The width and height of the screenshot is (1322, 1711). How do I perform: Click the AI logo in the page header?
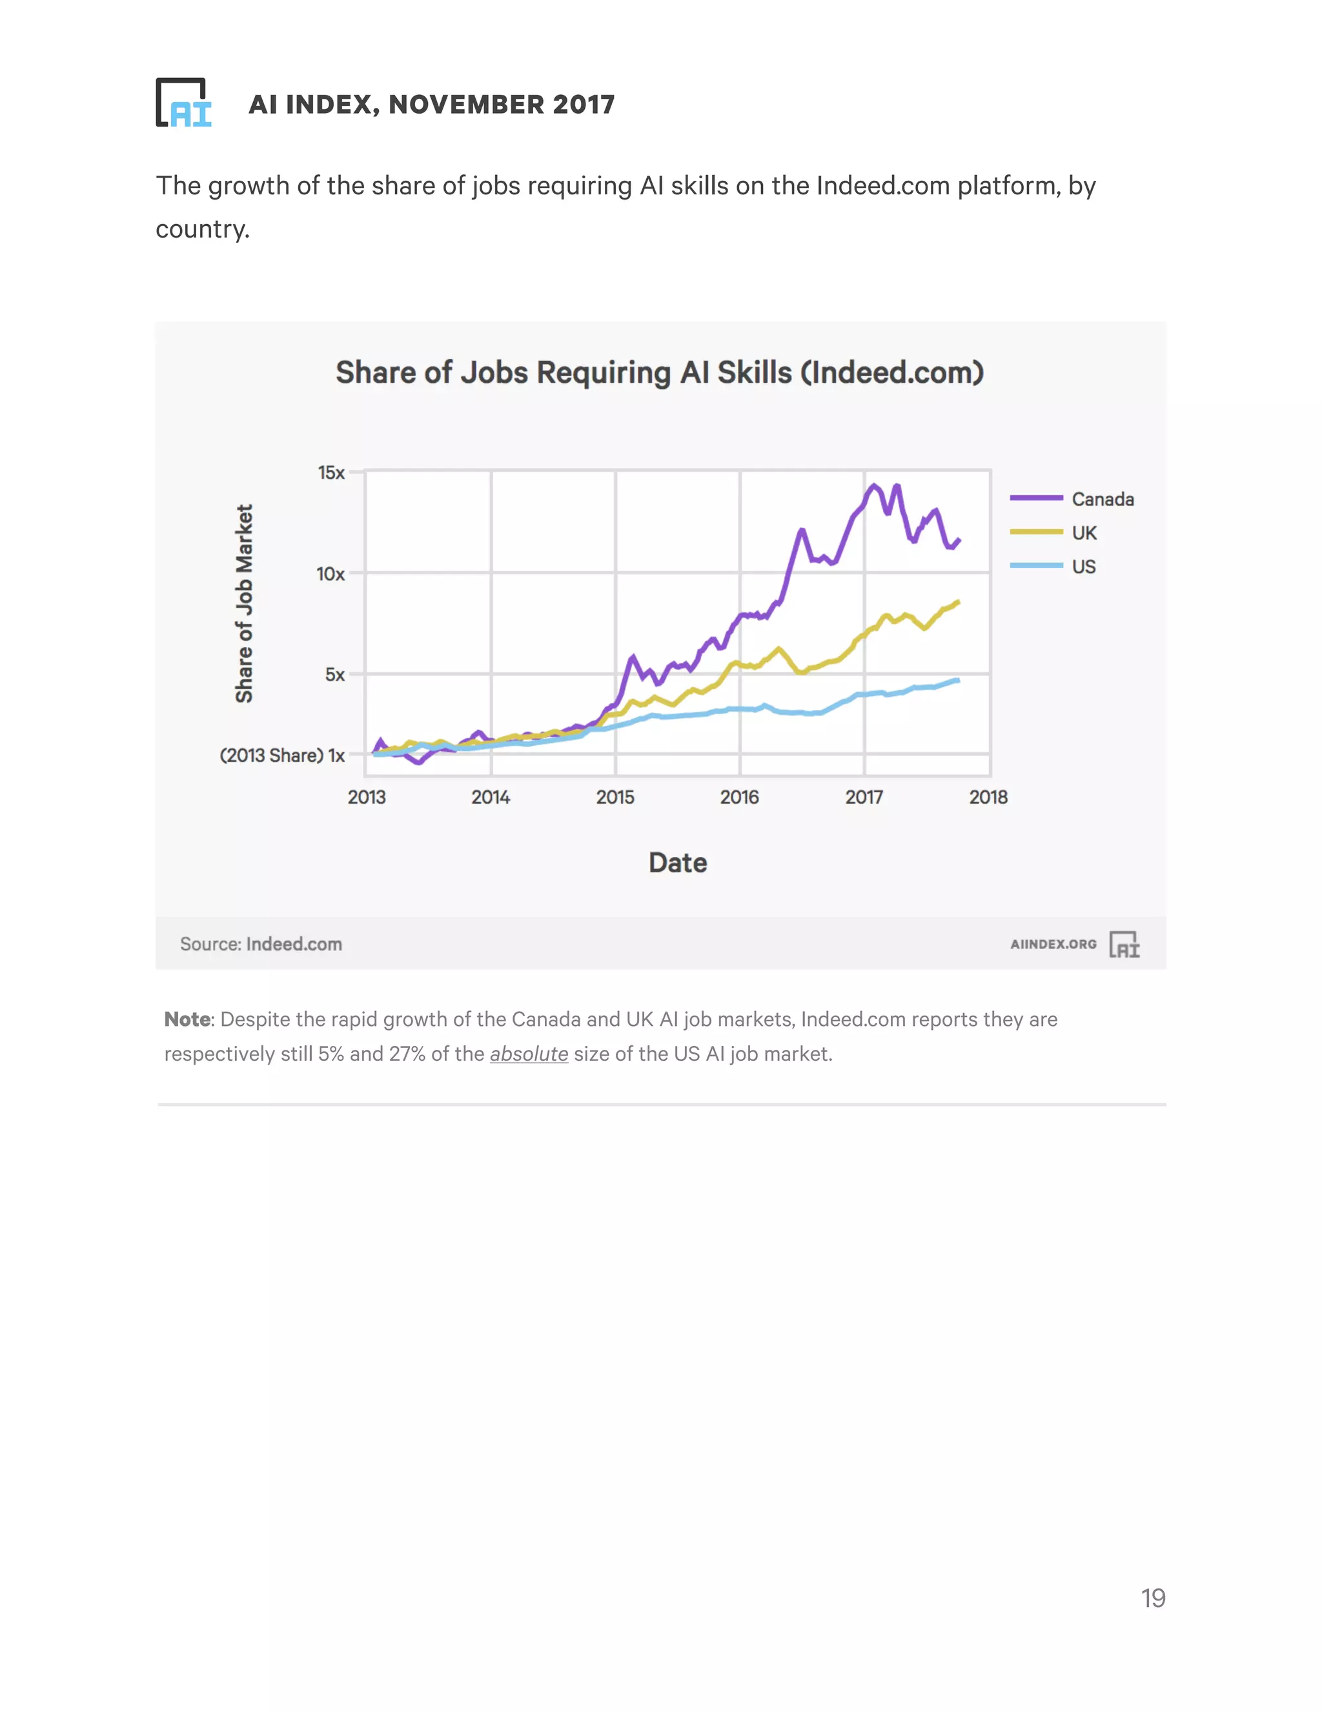click(184, 103)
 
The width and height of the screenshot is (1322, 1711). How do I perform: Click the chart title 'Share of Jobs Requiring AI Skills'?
click(660, 373)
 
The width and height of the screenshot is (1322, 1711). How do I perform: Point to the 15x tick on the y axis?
click(331, 473)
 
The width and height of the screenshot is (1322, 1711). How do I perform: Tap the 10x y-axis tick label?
click(330, 574)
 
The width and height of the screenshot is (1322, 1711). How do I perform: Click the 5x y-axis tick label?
click(334, 675)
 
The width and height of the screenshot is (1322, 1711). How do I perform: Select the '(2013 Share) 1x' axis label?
click(282, 755)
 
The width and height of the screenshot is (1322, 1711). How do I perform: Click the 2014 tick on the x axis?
click(491, 797)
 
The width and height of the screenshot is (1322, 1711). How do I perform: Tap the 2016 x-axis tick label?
click(739, 797)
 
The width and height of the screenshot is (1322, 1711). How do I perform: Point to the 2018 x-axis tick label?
click(988, 797)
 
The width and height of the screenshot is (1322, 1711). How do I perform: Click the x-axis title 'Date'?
click(677, 863)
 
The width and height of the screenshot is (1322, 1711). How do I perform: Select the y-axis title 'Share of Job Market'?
click(245, 603)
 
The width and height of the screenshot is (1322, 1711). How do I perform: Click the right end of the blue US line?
click(958, 680)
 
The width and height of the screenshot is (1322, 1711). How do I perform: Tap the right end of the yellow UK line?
click(958, 602)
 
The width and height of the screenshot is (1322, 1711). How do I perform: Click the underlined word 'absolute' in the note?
click(529, 1054)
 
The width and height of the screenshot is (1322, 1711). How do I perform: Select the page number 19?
click(1153, 1598)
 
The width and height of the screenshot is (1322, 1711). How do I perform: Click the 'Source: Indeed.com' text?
click(261, 944)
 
